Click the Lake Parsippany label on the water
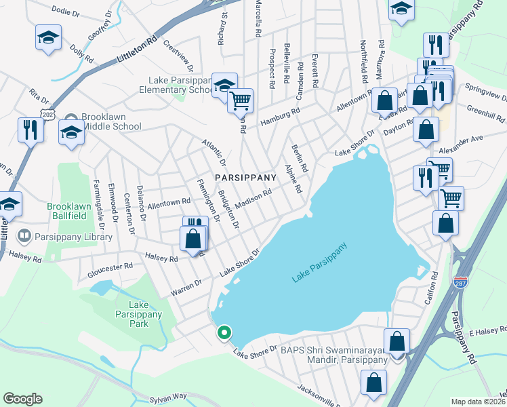point(321,263)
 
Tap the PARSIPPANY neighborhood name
point(245,177)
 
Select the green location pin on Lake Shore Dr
point(224,333)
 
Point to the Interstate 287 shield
point(460,283)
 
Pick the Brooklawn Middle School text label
point(111,121)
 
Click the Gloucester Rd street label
point(110,271)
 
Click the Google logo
point(23,398)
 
